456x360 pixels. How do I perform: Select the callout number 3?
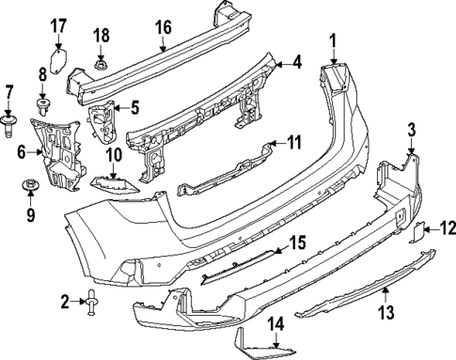coord(411,129)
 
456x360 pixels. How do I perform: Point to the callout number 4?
coord(297,63)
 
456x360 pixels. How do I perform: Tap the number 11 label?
coord(294,144)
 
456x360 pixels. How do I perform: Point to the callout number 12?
coord(447,226)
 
